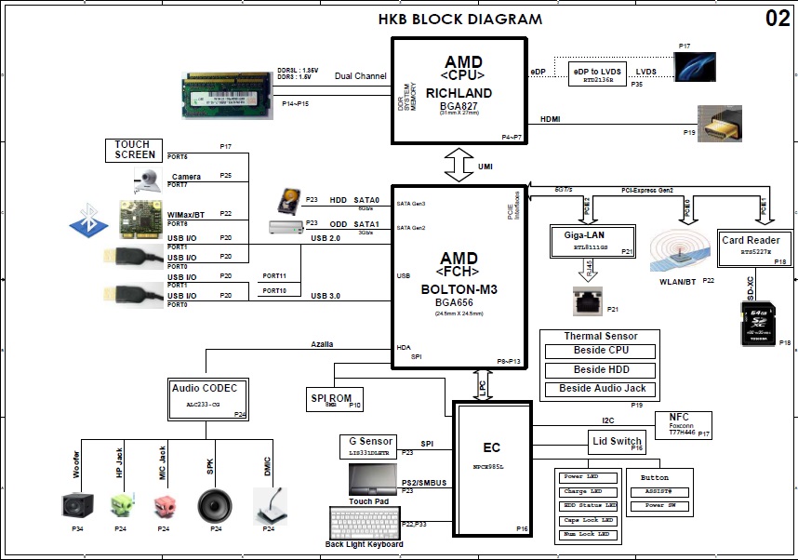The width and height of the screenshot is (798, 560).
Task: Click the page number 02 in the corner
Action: (x=778, y=19)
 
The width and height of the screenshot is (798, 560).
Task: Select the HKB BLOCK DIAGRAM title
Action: (x=460, y=20)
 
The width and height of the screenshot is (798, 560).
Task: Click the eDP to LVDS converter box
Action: (x=595, y=74)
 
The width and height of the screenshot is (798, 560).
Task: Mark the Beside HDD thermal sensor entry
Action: (x=600, y=370)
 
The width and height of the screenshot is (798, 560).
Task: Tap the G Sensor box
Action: (x=366, y=446)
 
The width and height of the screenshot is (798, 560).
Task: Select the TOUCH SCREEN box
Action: (x=135, y=150)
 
